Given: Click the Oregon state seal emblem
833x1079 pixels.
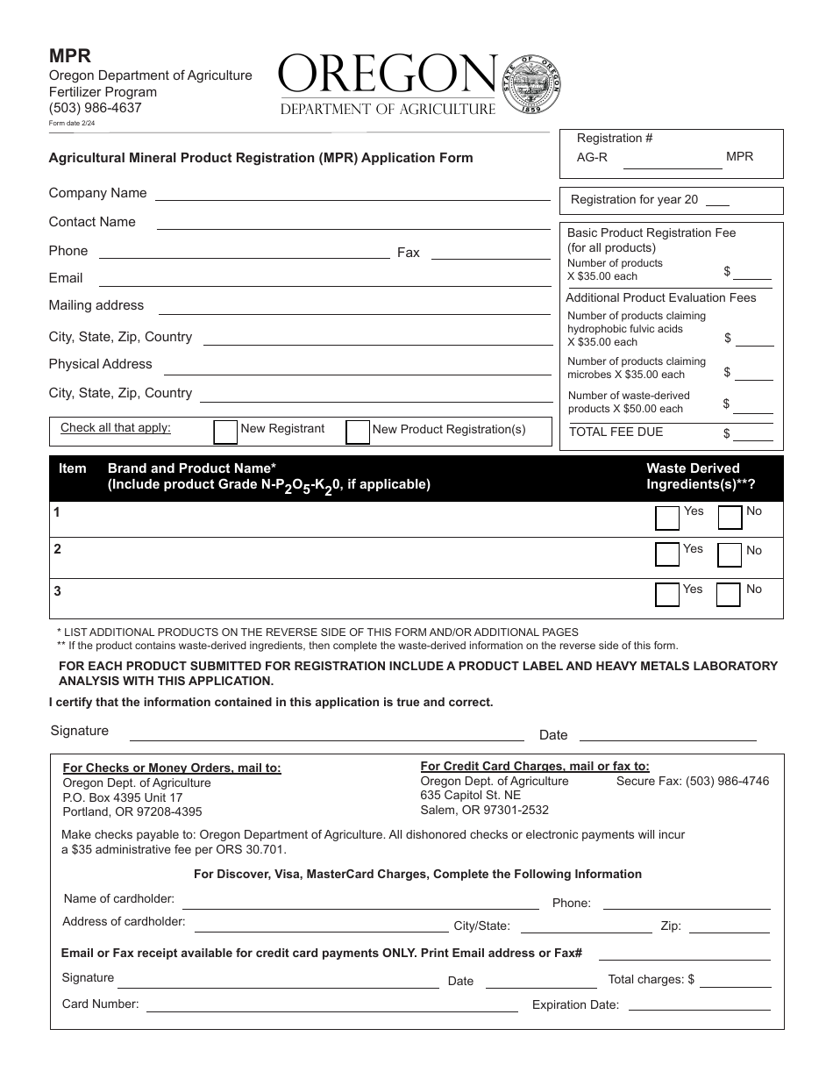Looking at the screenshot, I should pos(531,84).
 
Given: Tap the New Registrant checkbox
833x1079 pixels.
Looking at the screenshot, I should pos(226,432).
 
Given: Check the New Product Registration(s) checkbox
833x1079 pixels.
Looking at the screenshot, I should pos(358,432).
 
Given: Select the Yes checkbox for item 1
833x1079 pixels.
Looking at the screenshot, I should pos(667,518).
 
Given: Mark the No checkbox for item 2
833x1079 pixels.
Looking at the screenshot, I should pos(730,555).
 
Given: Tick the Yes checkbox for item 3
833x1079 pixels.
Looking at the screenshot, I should pos(667,595).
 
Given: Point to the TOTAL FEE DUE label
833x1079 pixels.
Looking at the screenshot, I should pos(616,432).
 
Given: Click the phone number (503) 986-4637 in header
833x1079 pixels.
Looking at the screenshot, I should pos(95,108).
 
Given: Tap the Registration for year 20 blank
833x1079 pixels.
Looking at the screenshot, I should pos(717,203).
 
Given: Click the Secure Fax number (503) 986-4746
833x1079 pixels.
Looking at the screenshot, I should pos(727,781).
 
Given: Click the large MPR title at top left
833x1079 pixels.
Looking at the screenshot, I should pos(70,57).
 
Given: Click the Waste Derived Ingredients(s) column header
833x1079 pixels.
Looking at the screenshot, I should pos(700,476).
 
